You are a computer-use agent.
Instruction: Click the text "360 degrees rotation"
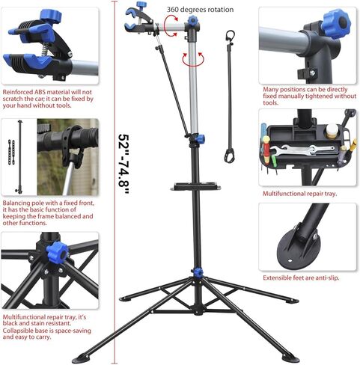click(x=200, y=10)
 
